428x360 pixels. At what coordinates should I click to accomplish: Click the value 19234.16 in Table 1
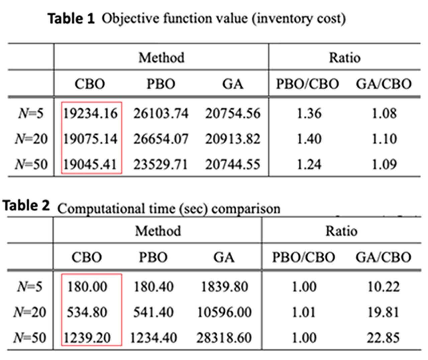[91, 114]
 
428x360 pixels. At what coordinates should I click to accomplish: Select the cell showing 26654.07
[161, 139]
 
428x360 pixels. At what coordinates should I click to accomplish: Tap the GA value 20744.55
[233, 164]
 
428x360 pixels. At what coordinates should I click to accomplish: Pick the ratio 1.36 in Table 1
[309, 114]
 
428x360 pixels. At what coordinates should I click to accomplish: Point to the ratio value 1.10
[384, 139]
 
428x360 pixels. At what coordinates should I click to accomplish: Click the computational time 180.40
[153, 287]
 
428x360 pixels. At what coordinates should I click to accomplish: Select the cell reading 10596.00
[224, 313]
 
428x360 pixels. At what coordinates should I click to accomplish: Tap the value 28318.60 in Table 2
[224, 338]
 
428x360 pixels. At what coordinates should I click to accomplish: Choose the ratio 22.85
[383, 338]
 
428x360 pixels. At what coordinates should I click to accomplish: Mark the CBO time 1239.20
[87, 338]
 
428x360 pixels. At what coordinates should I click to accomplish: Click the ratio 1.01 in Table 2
[304, 313]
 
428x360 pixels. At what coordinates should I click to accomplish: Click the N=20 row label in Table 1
[31, 139]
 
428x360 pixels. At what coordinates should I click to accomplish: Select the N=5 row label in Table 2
[30, 287]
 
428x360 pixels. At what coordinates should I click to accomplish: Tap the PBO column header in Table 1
[161, 84]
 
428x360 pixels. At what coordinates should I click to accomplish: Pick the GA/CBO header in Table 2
[383, 257]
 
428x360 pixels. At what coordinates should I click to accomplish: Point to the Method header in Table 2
[158, 231]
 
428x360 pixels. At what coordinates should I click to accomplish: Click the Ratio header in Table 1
[345, 58]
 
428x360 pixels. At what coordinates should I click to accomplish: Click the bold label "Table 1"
[71, 18]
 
